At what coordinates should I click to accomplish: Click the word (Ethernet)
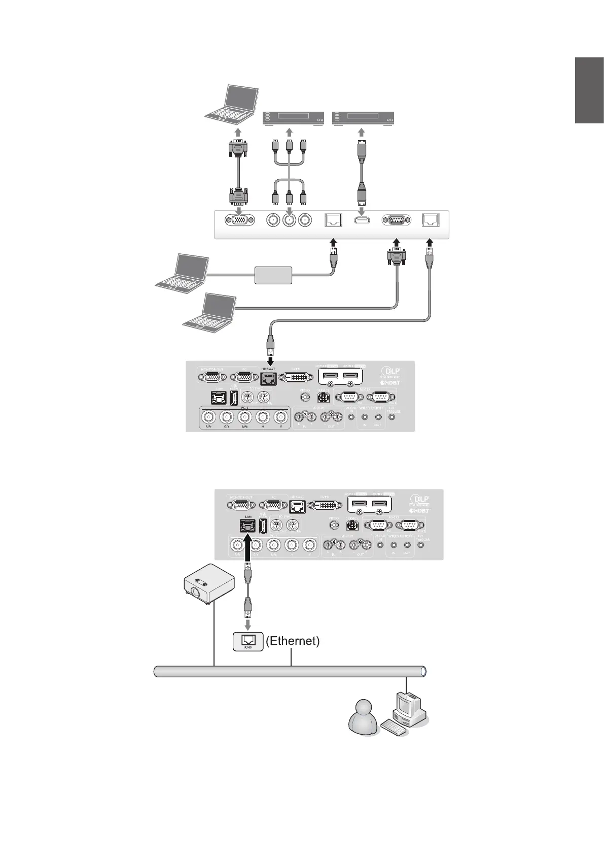click(x=293, y=641)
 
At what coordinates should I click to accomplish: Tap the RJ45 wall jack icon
click(x=248, y=641)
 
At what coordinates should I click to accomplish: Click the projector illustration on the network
click(x=208, y=584)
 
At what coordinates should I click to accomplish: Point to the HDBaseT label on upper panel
click(x=268, y=369)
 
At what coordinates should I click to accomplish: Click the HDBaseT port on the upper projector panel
click(x=268, y=377)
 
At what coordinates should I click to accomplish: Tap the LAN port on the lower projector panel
click(x=248, y=526)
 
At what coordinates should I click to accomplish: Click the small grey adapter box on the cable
click(x=273, y=275)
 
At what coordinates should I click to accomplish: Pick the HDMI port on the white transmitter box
click(x=361, y=220)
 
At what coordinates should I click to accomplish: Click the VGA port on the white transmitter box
click(x=239, y=220)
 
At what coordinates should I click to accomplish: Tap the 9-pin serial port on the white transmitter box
click(x=396, y=220)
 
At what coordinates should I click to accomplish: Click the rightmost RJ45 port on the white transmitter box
click(x=431, y=220)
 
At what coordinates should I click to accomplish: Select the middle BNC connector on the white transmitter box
click(x=290, y=220)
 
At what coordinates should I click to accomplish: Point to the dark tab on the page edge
click(x=589, y=91)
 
